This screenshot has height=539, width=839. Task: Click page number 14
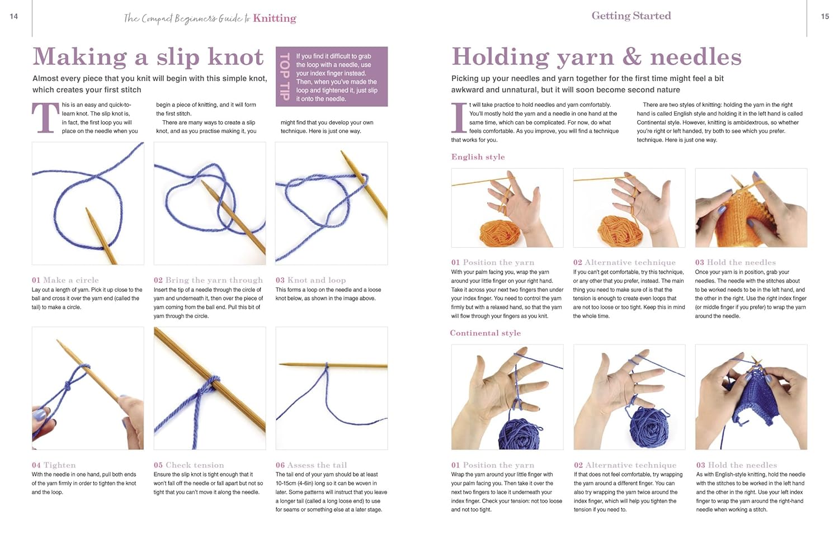pyautogui.click(x=14, y=16)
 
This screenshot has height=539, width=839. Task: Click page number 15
pyautogui.click(x=825, y=16)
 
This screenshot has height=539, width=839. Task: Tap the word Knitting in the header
pyautogui.click(x=275, y=18)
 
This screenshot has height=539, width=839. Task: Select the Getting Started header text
pyautogui.click(x=631, y=16)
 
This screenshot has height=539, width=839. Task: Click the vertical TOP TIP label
pyautogui.click(x=285, y=77)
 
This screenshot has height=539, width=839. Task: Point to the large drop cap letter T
pyautogui.click(x=46, y=118)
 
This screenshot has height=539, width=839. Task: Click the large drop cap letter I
pyautogui.click(x=459, y=118)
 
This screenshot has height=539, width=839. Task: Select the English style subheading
pyautogui.click(x=478, y=157)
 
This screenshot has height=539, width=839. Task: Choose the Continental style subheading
pyautogui.click(x=486, y=333)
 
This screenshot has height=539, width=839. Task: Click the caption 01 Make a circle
pyautogui.click(x=65, y=280)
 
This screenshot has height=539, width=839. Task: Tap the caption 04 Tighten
pyautogui.click(x=54, y=465)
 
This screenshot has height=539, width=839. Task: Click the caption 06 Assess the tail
pyautogui.click(x=311, y=465)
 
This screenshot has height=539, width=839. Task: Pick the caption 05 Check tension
pyautogui.click(x=189, y=465)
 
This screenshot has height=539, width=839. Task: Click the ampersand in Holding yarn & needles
pyautogui.click(x=632, y=57)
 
